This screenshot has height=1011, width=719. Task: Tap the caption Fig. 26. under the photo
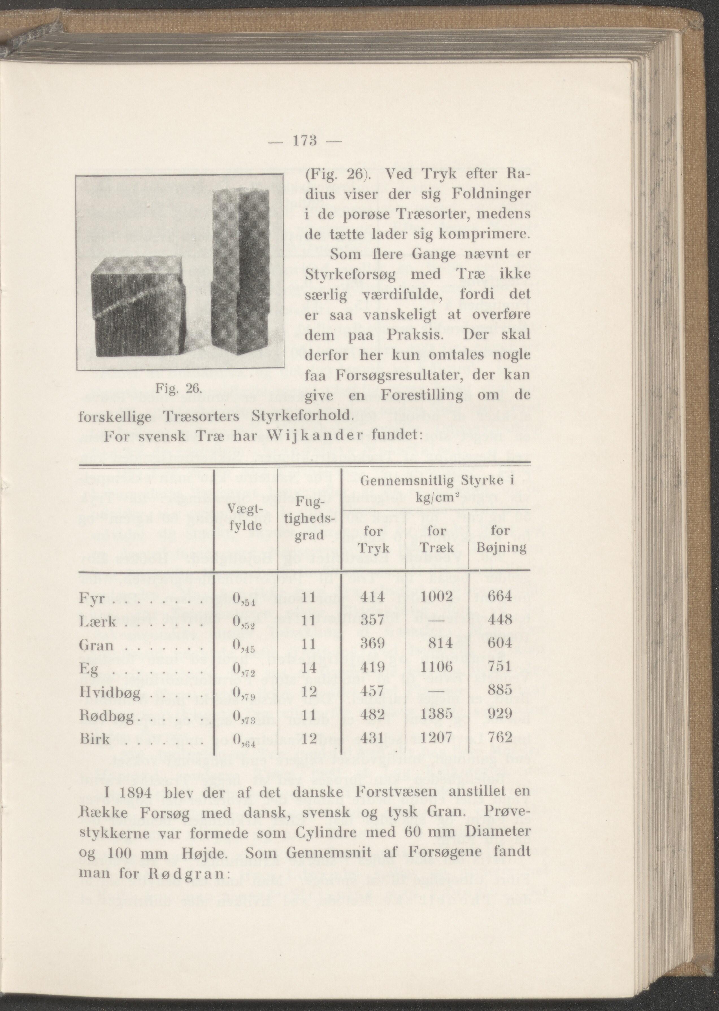(x=179, y=389)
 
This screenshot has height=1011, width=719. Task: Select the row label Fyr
(x=92, y=598)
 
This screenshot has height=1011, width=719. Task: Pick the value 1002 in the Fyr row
(x=436, y=597)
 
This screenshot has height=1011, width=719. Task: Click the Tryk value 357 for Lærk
(x=372, y=620)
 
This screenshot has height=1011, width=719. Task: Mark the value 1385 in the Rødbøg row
(x=436, y=714)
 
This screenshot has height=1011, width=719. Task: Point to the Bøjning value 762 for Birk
(x=500, y=737)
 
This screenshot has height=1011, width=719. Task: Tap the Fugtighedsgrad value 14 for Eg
(x=309, y=667)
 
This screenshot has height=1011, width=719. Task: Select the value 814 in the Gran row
(x=440, y=644)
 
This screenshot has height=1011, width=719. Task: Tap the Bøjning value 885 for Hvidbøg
(x=500, y=690)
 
